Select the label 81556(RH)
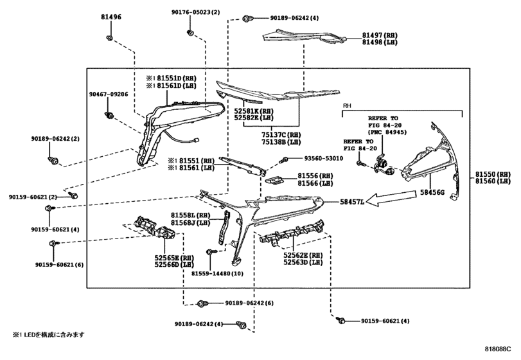coord(315,175)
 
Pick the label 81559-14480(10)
coord(217,273)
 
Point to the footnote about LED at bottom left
coord(48,335)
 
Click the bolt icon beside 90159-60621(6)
coord(56,244)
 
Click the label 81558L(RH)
coord(191,215)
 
